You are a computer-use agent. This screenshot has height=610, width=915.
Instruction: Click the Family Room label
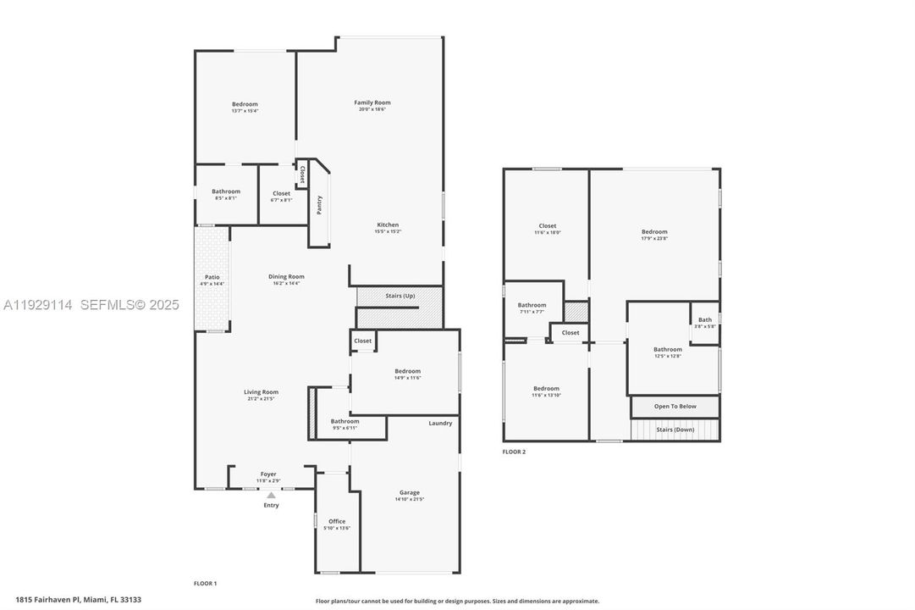pos(372,103)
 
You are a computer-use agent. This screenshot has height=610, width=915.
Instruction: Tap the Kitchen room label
pos(388,225)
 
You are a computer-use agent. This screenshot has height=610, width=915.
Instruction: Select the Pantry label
pos(319,205)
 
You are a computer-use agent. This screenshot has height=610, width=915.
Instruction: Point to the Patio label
pos(212,277)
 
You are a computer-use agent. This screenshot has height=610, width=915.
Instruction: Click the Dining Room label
pos(286,276)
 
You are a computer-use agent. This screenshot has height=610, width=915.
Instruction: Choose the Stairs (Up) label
pos(400,296)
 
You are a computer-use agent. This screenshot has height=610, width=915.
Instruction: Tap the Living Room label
pos(261,392)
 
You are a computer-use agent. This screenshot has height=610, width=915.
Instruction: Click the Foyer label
pos(268,474)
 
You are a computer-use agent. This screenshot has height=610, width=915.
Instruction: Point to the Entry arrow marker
pos(271,495)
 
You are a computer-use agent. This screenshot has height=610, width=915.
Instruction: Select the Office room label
pos(337,521)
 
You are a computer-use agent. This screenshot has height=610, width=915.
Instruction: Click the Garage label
pos(410,492)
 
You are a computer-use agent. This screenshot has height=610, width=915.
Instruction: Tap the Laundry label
pos(440,423)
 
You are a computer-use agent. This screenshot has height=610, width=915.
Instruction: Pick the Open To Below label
pos(675,406)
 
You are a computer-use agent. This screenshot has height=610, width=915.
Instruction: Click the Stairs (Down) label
pos(675,430)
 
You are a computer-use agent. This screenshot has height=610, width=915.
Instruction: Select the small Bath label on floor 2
pos(705,319)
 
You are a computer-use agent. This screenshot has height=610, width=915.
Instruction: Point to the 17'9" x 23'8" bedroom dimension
pos(654,238)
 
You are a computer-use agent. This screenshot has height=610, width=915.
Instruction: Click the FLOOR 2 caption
pos(514,452)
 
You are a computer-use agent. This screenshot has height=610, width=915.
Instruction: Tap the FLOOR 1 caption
pos(206,583)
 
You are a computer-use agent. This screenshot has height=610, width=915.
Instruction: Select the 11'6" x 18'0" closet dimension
pos(548,232)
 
